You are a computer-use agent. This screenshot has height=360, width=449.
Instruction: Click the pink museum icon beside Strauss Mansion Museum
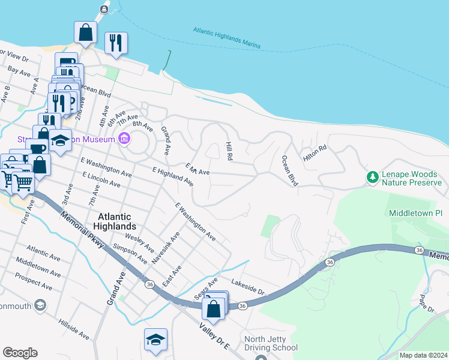(x=124, y=140)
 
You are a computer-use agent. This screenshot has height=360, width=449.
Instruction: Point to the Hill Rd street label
(x=229, y=151)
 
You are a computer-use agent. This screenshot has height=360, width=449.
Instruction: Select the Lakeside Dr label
(x=248, y=287)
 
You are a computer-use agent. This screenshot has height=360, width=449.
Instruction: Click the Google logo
(x=20, y=353)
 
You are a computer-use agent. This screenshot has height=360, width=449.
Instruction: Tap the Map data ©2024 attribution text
(x=423, y=355)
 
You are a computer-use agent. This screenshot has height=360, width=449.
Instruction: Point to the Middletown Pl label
(x=415, y=213)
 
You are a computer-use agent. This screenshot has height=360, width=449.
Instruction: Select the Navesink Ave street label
(x=166, y=246)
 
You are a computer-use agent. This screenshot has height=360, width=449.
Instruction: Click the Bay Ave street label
(x=18, y=73)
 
